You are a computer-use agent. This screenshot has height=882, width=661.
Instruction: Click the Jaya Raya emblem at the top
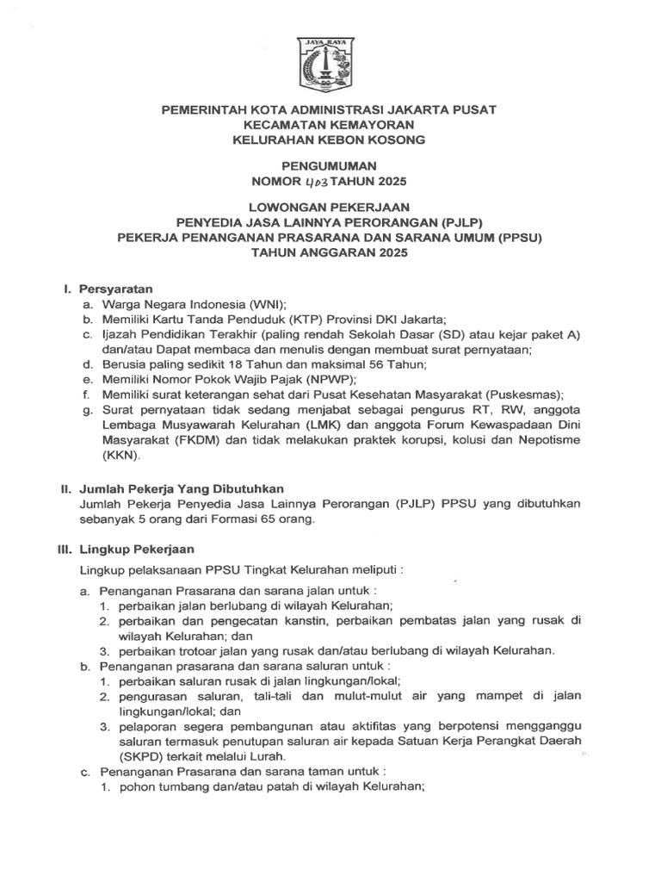[x=330, y=65]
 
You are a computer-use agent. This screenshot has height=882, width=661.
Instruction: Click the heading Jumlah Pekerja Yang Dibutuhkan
[x=182, y=488]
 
